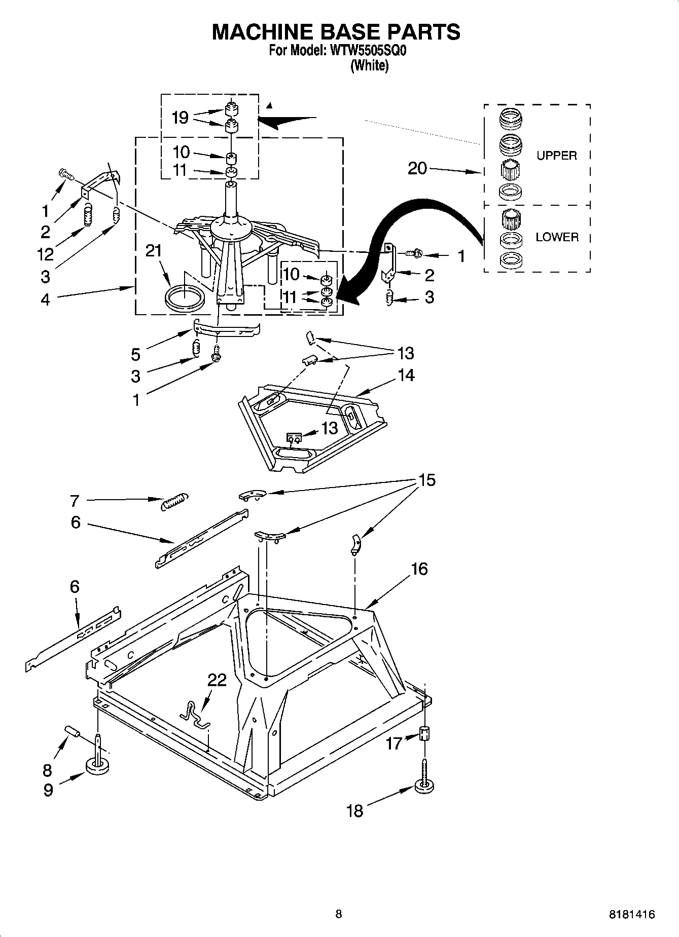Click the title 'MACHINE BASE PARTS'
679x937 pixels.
tap(336, 32)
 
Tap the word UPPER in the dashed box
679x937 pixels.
tap(556, 156)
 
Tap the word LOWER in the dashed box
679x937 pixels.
tap(557, 237)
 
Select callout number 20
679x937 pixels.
tap(417, 168)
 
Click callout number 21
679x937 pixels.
tap(154, 251)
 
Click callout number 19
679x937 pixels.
tap(180, 118)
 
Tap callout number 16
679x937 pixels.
tap(419, 569)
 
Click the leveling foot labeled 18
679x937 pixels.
tap(425, 785)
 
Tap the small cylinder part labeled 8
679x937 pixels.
tap(73, 732)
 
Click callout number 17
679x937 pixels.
tap(394, 743)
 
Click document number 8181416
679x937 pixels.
tap(631, 915)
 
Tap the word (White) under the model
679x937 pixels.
tap(370, 66)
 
